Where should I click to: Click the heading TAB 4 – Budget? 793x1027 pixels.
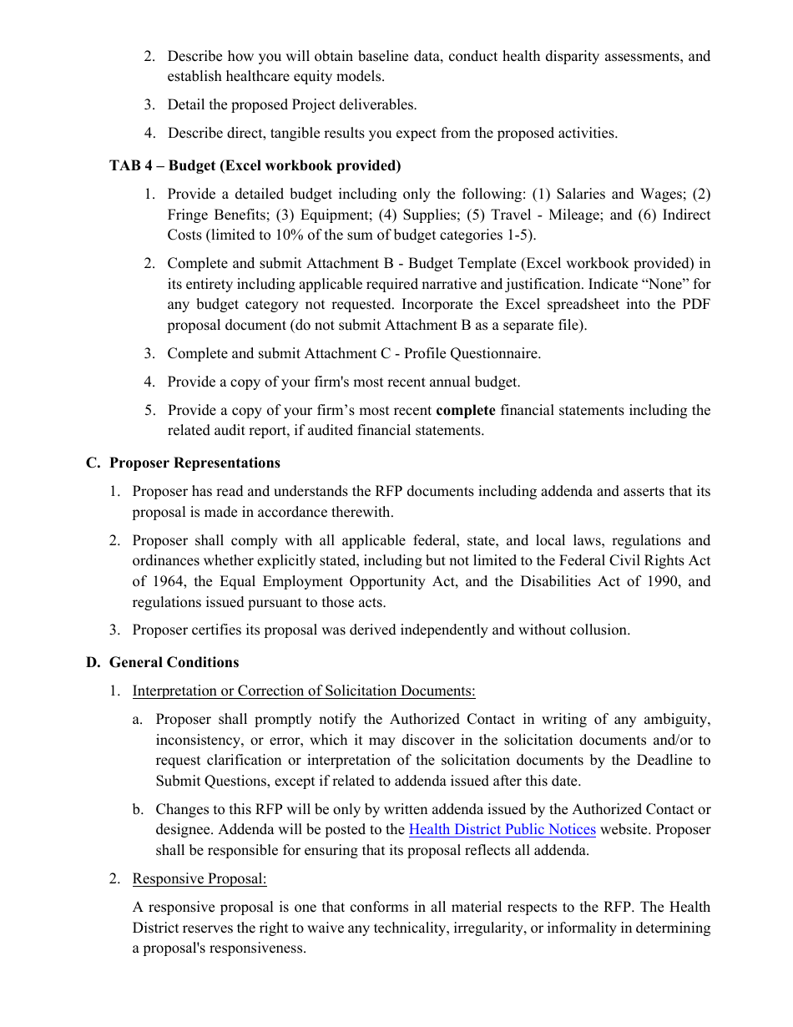point(255,165)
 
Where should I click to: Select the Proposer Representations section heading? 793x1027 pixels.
point(194,463)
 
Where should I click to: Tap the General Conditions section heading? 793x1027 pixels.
point(174,662)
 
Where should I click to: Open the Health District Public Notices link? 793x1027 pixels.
point(502,829)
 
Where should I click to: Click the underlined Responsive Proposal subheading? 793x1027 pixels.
point(200,878)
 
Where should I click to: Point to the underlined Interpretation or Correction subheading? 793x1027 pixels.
point(304,691)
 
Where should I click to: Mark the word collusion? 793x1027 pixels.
point(599,630)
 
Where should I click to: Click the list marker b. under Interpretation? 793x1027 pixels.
point(138,809)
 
